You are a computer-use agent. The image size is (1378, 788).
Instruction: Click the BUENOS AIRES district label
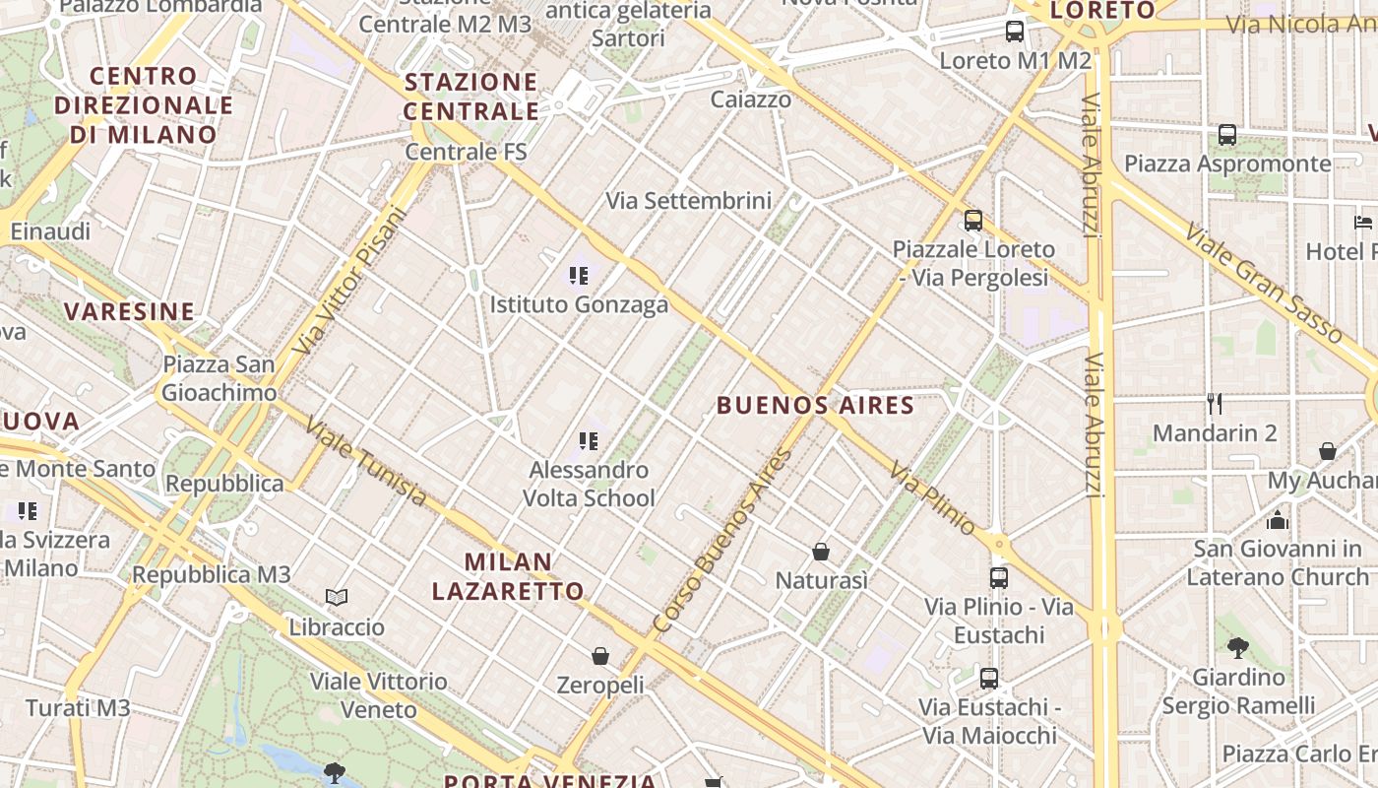[x=815, y=405]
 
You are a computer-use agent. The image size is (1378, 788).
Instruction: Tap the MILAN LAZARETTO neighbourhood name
[x=508, y=576]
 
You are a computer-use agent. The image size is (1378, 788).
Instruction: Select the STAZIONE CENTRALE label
[x=471, y=96]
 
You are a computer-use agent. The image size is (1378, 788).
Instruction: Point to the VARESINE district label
[x=130, y=312]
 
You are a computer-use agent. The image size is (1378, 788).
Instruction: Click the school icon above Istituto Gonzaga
[x=579, y=276]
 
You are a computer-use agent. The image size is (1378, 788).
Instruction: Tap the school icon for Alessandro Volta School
[x=589, y=440]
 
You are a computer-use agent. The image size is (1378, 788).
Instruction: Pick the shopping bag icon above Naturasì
[x=821, y=552]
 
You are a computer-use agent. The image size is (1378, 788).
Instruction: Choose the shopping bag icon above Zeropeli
[x=600, y=655]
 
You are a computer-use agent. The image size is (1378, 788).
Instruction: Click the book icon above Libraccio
[x=337, y=597]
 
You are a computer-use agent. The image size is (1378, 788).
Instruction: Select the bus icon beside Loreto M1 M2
[x=1015, y=32]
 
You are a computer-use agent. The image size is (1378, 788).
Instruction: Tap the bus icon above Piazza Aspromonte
[x=1227, y=135]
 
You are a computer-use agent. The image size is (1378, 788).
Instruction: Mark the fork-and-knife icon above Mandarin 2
[x=1215, y=403]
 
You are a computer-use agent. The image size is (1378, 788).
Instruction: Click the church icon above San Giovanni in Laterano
[x=1278, y=520]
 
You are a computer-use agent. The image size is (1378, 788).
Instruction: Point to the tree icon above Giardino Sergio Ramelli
[x=1238, y=647]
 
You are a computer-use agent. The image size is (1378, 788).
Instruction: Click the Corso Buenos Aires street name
[x=723, y=541]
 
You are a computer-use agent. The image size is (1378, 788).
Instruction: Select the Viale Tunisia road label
[x=365, y=461]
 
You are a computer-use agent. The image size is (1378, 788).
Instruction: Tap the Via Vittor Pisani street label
[x=350, y=280]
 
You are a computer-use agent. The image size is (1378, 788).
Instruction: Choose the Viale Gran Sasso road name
[x=1263, y=283]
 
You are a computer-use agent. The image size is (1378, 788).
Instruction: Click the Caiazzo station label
[x=751, y=99]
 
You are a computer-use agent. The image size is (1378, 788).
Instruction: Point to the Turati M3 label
[x=78, y=707]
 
